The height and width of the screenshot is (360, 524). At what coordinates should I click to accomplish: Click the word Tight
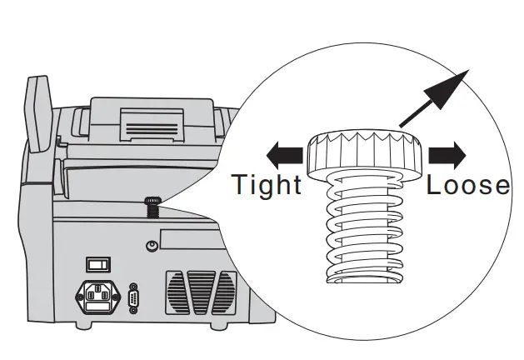266,183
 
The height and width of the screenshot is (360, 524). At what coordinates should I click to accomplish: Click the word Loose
467,184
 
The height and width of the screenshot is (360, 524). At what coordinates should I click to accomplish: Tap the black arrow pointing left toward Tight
282,154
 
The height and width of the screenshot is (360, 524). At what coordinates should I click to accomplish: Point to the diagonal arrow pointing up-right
436,96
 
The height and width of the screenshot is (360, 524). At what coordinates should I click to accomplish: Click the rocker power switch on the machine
98,265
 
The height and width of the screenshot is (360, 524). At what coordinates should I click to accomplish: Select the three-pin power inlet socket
98,295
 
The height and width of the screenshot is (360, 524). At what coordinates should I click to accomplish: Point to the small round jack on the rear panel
152,246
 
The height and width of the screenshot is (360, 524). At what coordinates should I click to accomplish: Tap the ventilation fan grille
200,292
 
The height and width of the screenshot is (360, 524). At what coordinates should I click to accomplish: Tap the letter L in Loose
435,184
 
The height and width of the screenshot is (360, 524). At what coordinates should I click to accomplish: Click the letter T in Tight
240,183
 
